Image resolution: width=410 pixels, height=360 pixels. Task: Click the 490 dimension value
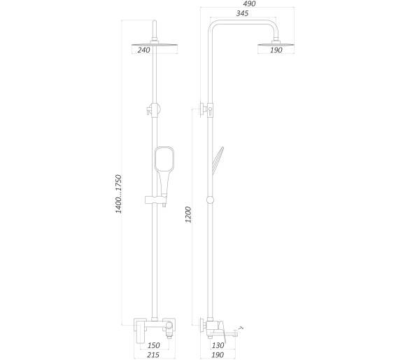coord(249,4)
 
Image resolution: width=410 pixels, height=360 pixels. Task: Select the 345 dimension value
coord(242,13)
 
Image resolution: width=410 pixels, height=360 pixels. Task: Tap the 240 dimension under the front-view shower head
coord(144,50)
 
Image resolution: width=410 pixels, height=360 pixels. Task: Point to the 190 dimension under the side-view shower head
coord(276,50)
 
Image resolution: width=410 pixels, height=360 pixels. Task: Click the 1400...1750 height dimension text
coord(119,194)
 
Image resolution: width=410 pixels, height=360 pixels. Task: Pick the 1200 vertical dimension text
coord(188,215)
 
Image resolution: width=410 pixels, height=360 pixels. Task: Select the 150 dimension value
coord(153,345)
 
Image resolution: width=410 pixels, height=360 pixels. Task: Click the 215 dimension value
coord(153,355)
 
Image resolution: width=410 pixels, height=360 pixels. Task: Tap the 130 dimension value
coord(218,345)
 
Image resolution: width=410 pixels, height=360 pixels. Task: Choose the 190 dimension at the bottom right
coord(218,355)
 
